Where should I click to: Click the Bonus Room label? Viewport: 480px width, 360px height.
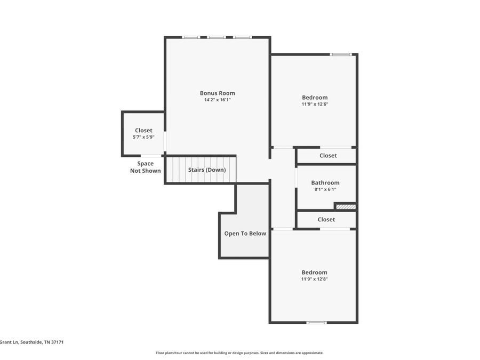pyautogui.click(x=217, y=93)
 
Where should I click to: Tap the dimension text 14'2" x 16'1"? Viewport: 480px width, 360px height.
pyautogui.click(x=217, y=100)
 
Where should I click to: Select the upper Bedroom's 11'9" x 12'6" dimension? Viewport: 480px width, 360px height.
pyautogui.click(x=315, y=104)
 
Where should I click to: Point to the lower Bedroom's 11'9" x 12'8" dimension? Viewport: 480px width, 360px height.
pyautogui.click(x=314, y=279)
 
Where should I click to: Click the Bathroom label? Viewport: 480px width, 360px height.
pyautogui.click(x=325, y=182)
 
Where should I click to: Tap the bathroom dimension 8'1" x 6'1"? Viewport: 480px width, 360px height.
pyautogui.click(x=325, y=189)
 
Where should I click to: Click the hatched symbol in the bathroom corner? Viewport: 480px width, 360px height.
pyautogui.click(x=345, y=206)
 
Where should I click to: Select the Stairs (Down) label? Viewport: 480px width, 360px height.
pyautogui.click(x=206, y=170)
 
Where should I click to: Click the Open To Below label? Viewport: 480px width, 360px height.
pyautogui.click(x=245, y=234)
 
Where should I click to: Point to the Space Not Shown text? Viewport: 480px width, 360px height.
pyautogui.click(x=145, y=167)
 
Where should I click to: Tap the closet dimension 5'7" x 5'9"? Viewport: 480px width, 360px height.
pyautogui.click(x=143, y=137)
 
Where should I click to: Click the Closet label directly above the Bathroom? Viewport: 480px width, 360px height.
pyautogui.click(x=328, y=156)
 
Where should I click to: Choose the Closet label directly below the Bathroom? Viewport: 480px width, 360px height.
pyautogui.click(x=326, y=219)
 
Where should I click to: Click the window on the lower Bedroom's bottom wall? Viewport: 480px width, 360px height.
pyautogui.click(x=316, y=322)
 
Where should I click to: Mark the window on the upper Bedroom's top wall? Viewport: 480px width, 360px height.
pyautogui.click(x=340, y=54)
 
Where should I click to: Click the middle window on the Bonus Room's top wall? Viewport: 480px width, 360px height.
pyautogui.click(x=217, y=37)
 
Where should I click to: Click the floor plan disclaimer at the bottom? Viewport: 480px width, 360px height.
pyautogui.click(x=239, y=353)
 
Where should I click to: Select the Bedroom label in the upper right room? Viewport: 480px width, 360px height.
pyautogui.click(x=315, y=98)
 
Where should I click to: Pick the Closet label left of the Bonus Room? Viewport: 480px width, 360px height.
pyautogui.click(x=143, y=131)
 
